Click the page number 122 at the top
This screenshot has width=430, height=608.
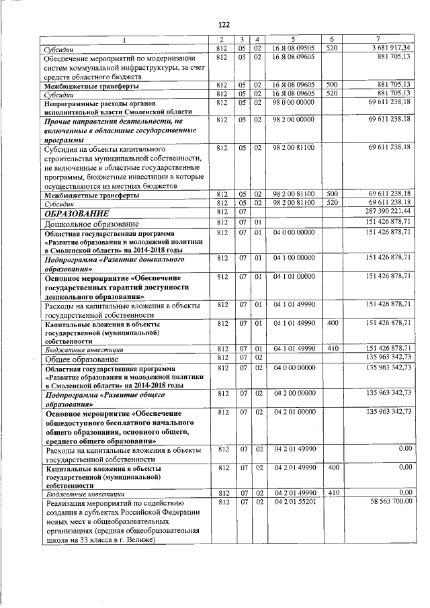pos(224,24)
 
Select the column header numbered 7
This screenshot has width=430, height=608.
pos(381,40)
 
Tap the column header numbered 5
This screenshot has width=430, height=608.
pos(294,40)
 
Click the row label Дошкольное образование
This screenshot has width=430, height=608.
pos(91,223)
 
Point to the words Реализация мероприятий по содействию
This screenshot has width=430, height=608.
pos(114,502)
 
